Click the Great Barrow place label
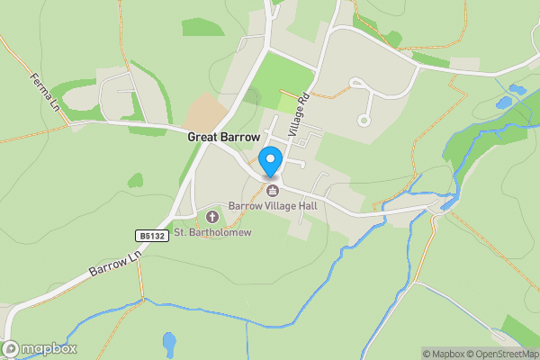click(x=223, y=138)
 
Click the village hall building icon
click(x=272, y=190)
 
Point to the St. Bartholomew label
click(x=212, y=232)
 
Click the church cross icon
click(x=213, y=217)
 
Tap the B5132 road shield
click(x=152, y=236)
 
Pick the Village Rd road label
click(x=299, y=114)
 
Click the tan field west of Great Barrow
click(x=205, y=112)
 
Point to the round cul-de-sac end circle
click(x=364, y=119)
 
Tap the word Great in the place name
click(x=203, y=138)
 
